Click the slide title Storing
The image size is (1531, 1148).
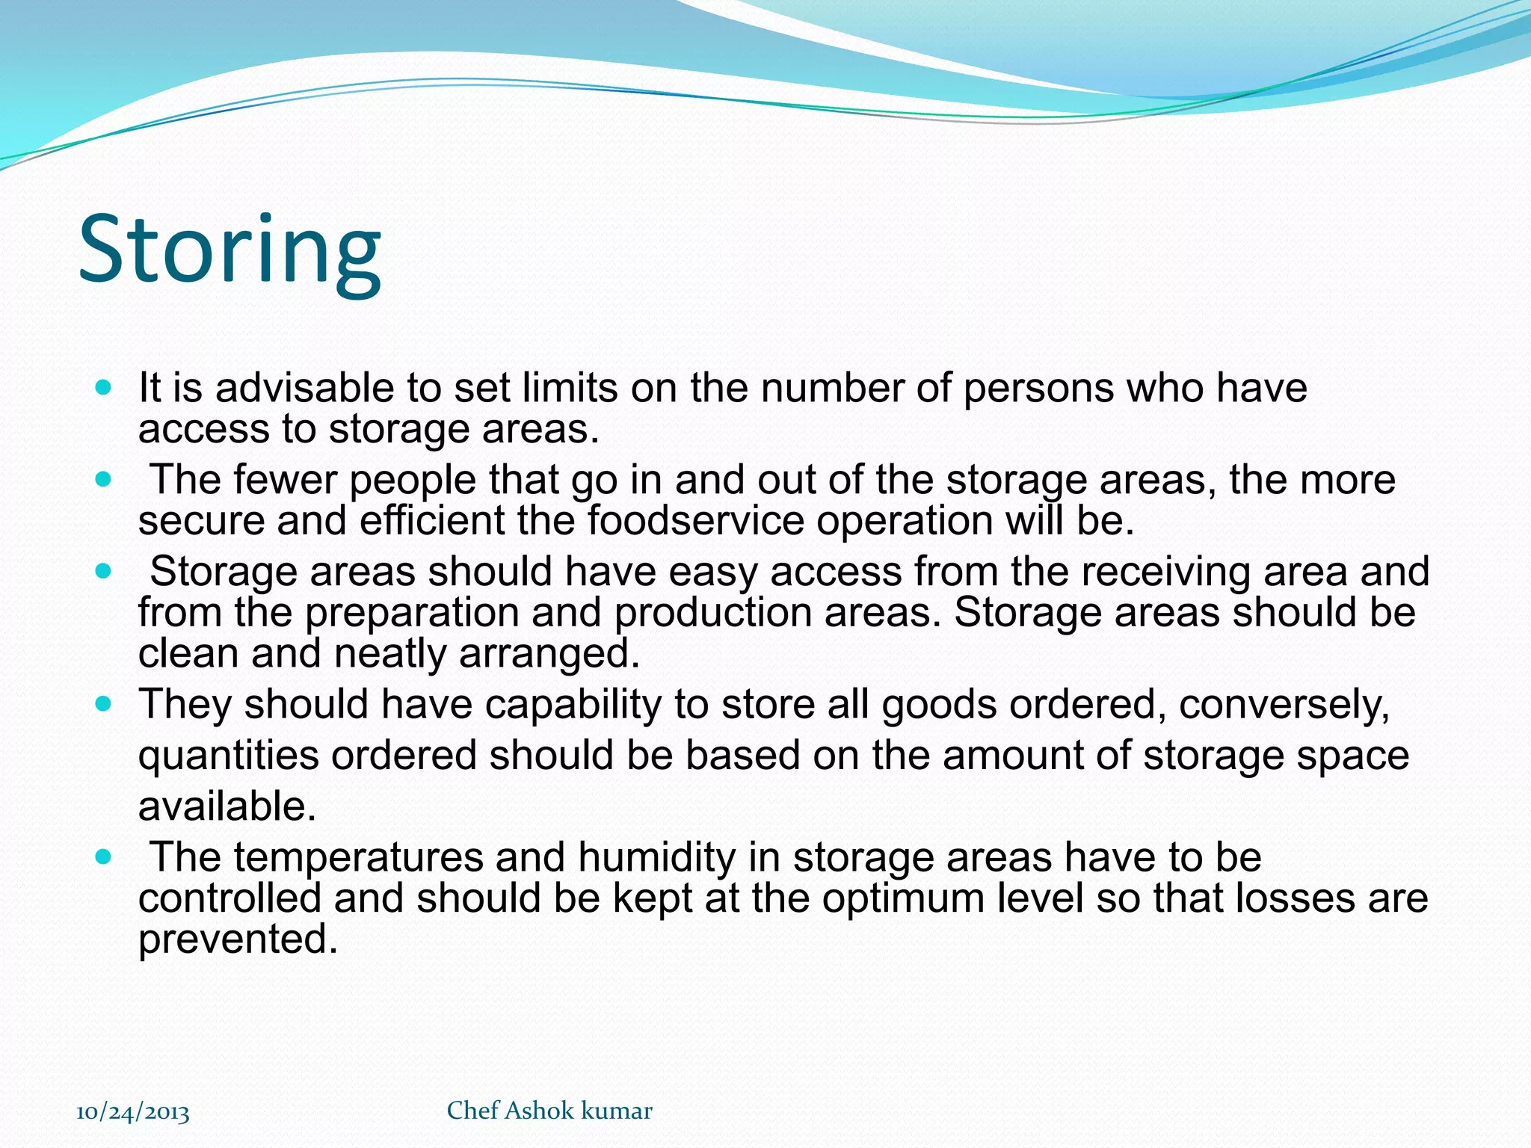pos(230,250)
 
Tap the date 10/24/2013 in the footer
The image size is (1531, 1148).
pos(133,1112)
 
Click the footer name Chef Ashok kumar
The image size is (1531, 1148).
pos(549,1111)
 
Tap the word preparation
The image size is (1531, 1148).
pos(412,613)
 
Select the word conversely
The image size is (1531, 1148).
pos(1283,704)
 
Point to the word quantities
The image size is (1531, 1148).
pos(229,756)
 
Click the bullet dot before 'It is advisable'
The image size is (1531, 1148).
pos(104,388)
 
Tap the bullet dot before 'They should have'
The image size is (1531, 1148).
pos(104,704)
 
